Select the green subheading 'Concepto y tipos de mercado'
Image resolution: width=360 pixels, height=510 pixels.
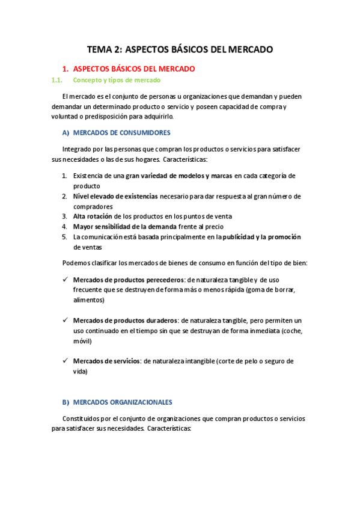pyautogui.click(x=117, y=80)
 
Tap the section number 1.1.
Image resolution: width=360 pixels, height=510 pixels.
pyautogui.click(x=57, y=80)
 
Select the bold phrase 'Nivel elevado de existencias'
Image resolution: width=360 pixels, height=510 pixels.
pyautogui.click(x=115, y=196)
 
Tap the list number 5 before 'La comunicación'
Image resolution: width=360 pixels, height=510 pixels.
pyautogui.click(x=64, y=236)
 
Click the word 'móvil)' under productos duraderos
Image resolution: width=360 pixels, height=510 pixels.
pyautogui.click(x=83, y=341)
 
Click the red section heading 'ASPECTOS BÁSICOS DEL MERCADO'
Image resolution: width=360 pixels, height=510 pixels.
pyautogui.click(x=133, y=69)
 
